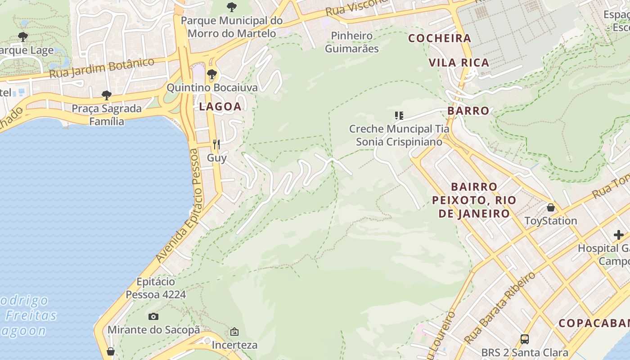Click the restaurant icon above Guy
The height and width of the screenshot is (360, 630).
tap(216, 144)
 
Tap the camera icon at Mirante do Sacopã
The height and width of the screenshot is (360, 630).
tap(153, 316)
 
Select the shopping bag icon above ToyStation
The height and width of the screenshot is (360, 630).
tap(550, 207)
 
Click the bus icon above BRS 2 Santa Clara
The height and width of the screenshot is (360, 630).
tap(524, 339)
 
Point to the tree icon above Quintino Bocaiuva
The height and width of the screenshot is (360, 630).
tap(212, 74)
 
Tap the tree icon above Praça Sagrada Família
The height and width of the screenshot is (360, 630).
tap(107, 95)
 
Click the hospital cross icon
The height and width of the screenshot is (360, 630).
tap(619, 234)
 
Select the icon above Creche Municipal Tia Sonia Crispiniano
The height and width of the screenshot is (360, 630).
tap(399, 116)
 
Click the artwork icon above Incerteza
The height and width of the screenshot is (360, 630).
tap(234, 332)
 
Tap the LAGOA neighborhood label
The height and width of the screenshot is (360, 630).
tap(220, 107)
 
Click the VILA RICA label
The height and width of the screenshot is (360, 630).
tap(459, 63)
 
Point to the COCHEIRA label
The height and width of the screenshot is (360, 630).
tap(440, 38)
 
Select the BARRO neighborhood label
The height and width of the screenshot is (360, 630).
tap(468, 111)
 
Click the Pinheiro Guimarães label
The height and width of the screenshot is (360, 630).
tap(352, 42)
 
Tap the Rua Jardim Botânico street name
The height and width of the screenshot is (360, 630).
tap(102, 68)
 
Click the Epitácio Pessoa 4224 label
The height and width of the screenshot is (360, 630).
tap(156, 288)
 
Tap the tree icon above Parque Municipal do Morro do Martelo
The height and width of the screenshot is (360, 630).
tap(232, 7)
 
